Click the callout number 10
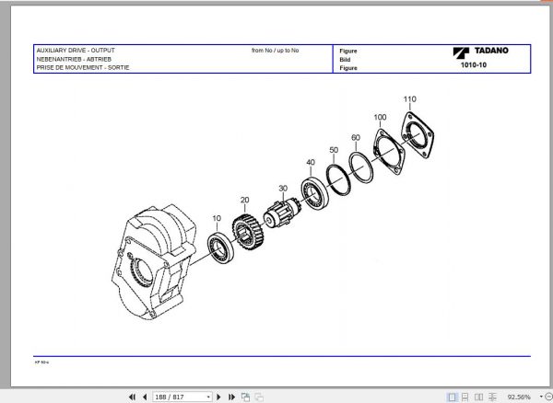point(217,219)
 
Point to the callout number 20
point(244,200)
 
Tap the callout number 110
point(409,98)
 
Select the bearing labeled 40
point(316,193)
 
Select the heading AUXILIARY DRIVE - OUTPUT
point(75,50)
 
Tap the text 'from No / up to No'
point(275,50)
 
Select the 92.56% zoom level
point(521,397)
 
